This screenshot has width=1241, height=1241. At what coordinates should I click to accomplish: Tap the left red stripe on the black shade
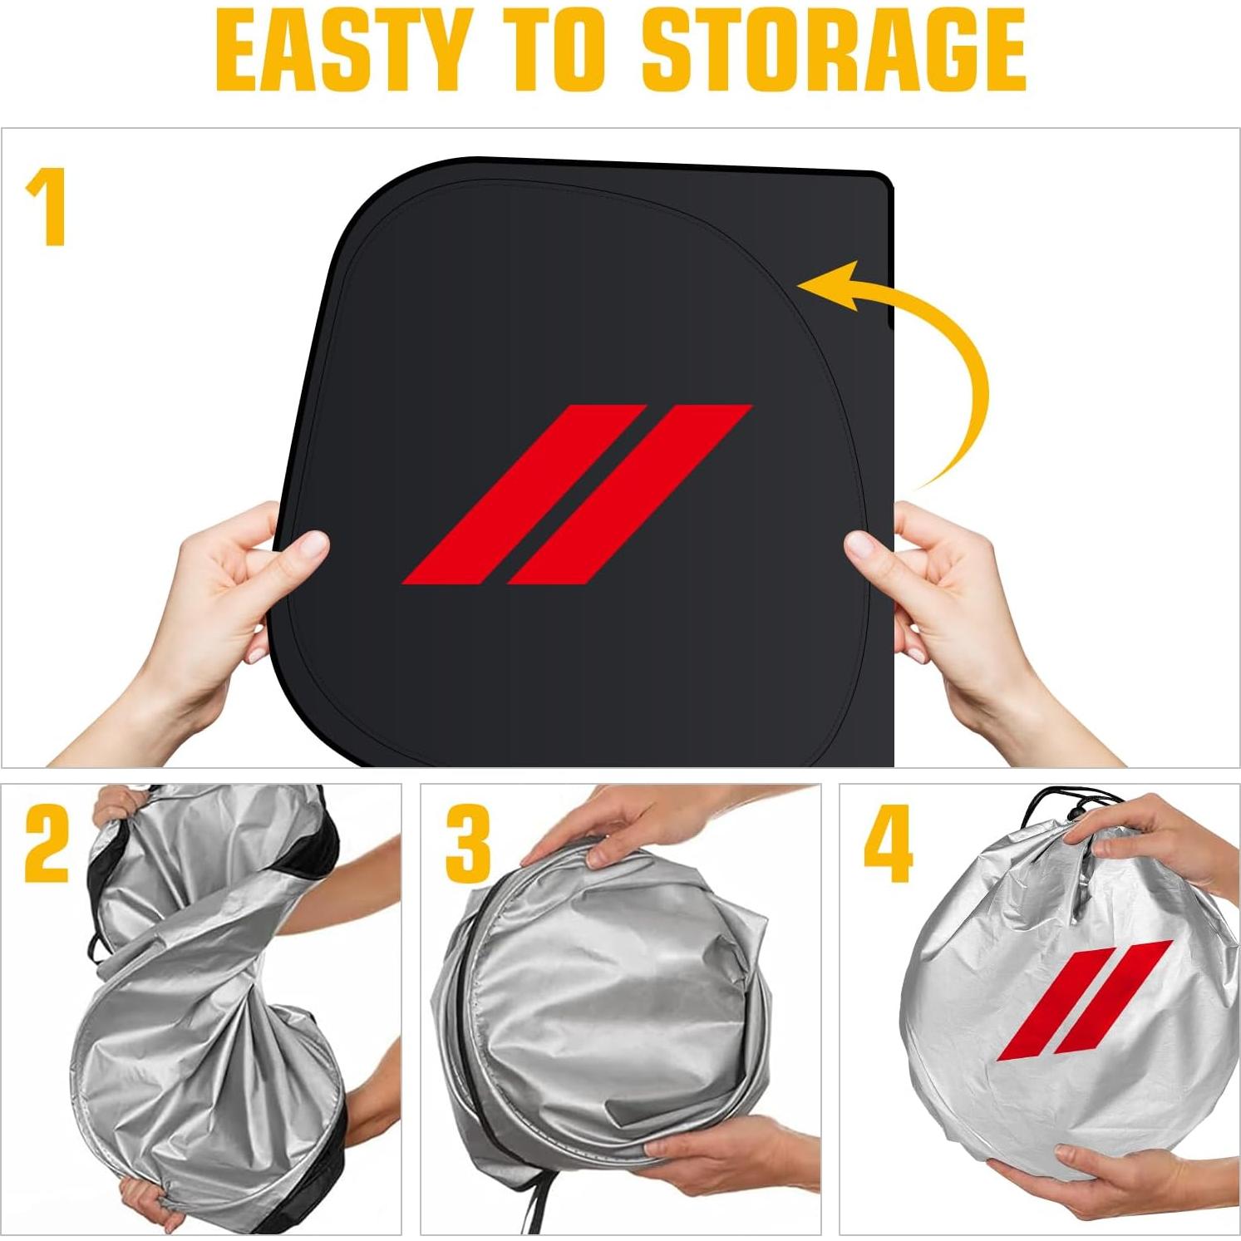click(x=523, y=495)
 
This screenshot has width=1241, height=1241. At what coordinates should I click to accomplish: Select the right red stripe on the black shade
click(x=629, y=495)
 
